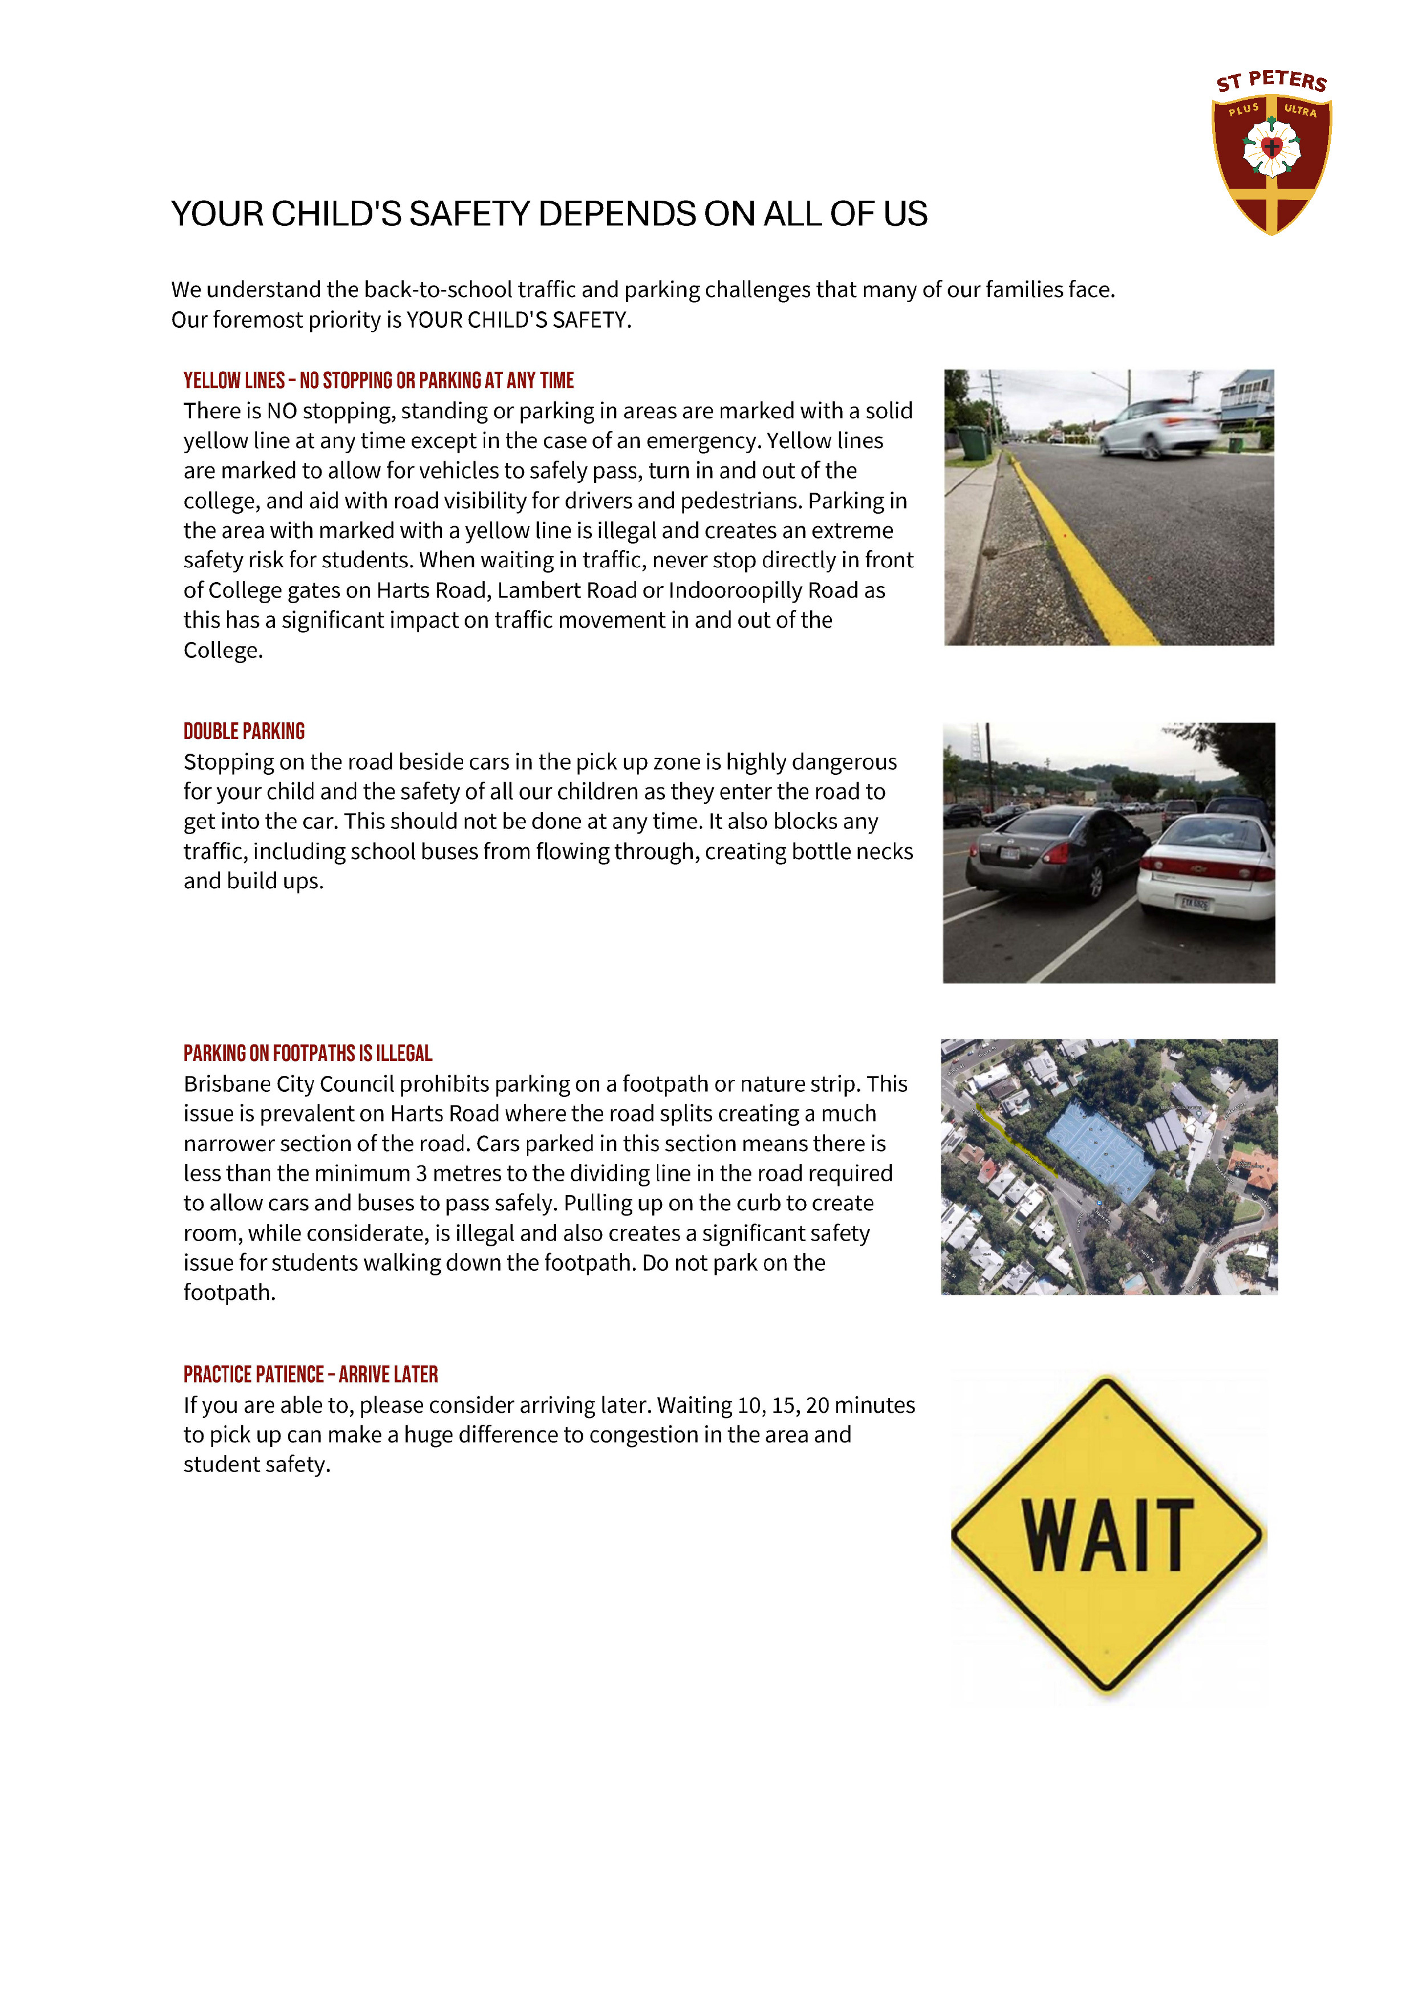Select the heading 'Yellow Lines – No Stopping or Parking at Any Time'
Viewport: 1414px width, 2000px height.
[x=378, y=381]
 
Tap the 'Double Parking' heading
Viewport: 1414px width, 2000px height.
[x=244, y=731]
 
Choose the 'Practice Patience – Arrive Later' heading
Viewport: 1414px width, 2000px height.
[x=310, y=1375]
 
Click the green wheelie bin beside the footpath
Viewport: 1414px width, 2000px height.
[x=974, y=442]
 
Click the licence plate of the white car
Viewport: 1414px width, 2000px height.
[x=1194, y=903]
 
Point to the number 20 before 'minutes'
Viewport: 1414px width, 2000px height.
[x=817, y=1405]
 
